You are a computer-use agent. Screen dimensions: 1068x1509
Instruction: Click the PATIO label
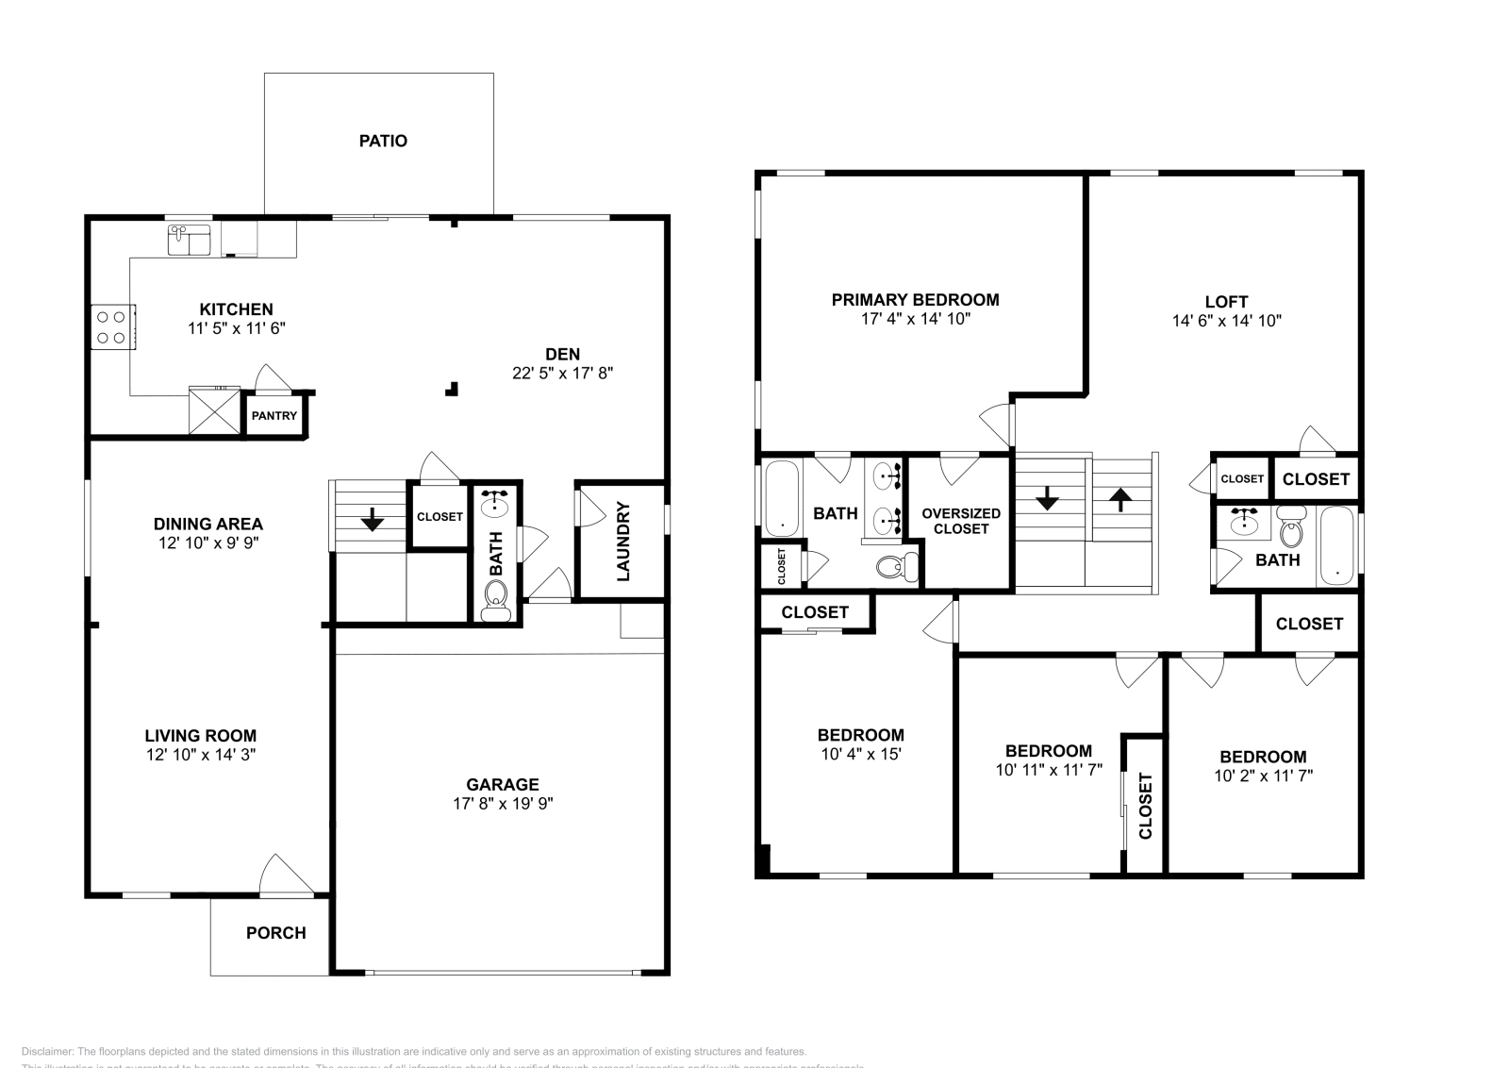(383, 142)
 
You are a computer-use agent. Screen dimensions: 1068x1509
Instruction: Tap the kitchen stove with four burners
(112, 327)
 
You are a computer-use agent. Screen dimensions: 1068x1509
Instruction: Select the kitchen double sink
(190, 242)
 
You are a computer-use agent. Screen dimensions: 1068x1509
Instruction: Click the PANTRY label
(274, 416)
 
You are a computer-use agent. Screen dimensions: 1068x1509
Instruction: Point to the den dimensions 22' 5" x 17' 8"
(562, 373)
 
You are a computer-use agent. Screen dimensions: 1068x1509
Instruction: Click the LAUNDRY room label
(623, 542)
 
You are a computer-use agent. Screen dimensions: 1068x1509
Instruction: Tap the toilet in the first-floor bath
(494, 597)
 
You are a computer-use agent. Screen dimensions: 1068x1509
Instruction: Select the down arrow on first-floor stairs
(372, 518)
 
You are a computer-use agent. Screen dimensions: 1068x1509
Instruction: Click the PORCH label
(275, 933)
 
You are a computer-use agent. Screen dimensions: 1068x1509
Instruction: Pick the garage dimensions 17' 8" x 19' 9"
(502, 804)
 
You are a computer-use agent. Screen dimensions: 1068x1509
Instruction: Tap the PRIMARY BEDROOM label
(915, 300)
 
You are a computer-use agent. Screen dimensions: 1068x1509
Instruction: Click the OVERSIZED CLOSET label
(961, 521)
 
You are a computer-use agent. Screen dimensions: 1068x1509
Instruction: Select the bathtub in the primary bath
(782, 497)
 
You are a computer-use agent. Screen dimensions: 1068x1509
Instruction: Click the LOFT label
(1226, 302)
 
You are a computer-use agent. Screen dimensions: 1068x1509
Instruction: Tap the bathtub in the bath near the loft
(1336, 545)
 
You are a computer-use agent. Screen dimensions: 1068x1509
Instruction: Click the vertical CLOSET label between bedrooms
(1145, 805)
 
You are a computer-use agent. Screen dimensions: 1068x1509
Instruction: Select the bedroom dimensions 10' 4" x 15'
(860, 754)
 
